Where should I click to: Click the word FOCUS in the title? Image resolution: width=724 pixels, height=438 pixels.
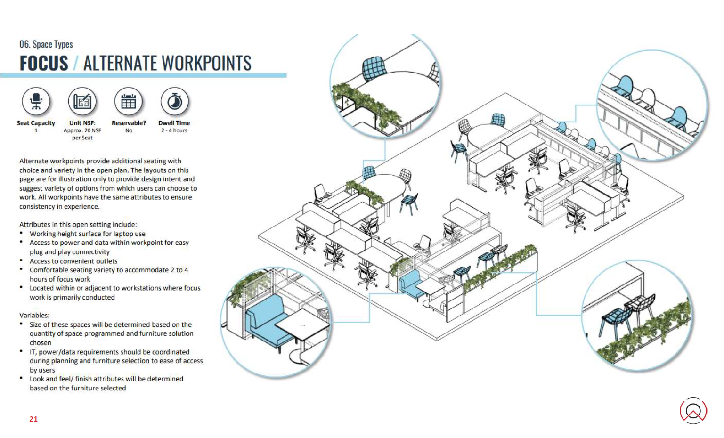tap(44, 63)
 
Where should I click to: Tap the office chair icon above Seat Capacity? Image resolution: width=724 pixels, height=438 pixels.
tap(36, 101)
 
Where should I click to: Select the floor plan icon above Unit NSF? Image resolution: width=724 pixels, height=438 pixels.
tap(82, 101)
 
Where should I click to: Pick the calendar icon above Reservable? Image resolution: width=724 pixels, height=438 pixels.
tap(129, 101)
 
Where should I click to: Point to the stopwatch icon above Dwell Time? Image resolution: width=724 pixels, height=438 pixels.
tap(174, 101)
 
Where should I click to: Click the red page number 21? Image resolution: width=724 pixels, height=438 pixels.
tap(33, 419)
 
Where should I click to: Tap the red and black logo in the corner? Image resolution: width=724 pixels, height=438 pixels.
tap(693, 410)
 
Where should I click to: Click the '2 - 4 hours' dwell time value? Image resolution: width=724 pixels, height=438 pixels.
tap(174, 130)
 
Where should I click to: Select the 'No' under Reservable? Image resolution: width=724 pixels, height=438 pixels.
tap(129, 130)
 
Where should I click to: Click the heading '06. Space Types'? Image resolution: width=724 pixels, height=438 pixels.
tap(46, 44)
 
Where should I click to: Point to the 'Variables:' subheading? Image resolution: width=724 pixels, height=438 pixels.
tap(34, 316)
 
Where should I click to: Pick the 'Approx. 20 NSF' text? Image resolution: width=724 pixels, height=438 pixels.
tap(82, 130)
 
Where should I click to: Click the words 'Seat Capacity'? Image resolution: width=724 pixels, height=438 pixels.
tap(36, 123)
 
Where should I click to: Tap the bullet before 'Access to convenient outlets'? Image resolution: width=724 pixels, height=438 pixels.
tap(21, 260)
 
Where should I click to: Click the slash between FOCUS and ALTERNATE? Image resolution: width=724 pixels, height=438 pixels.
tap(76, 63)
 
